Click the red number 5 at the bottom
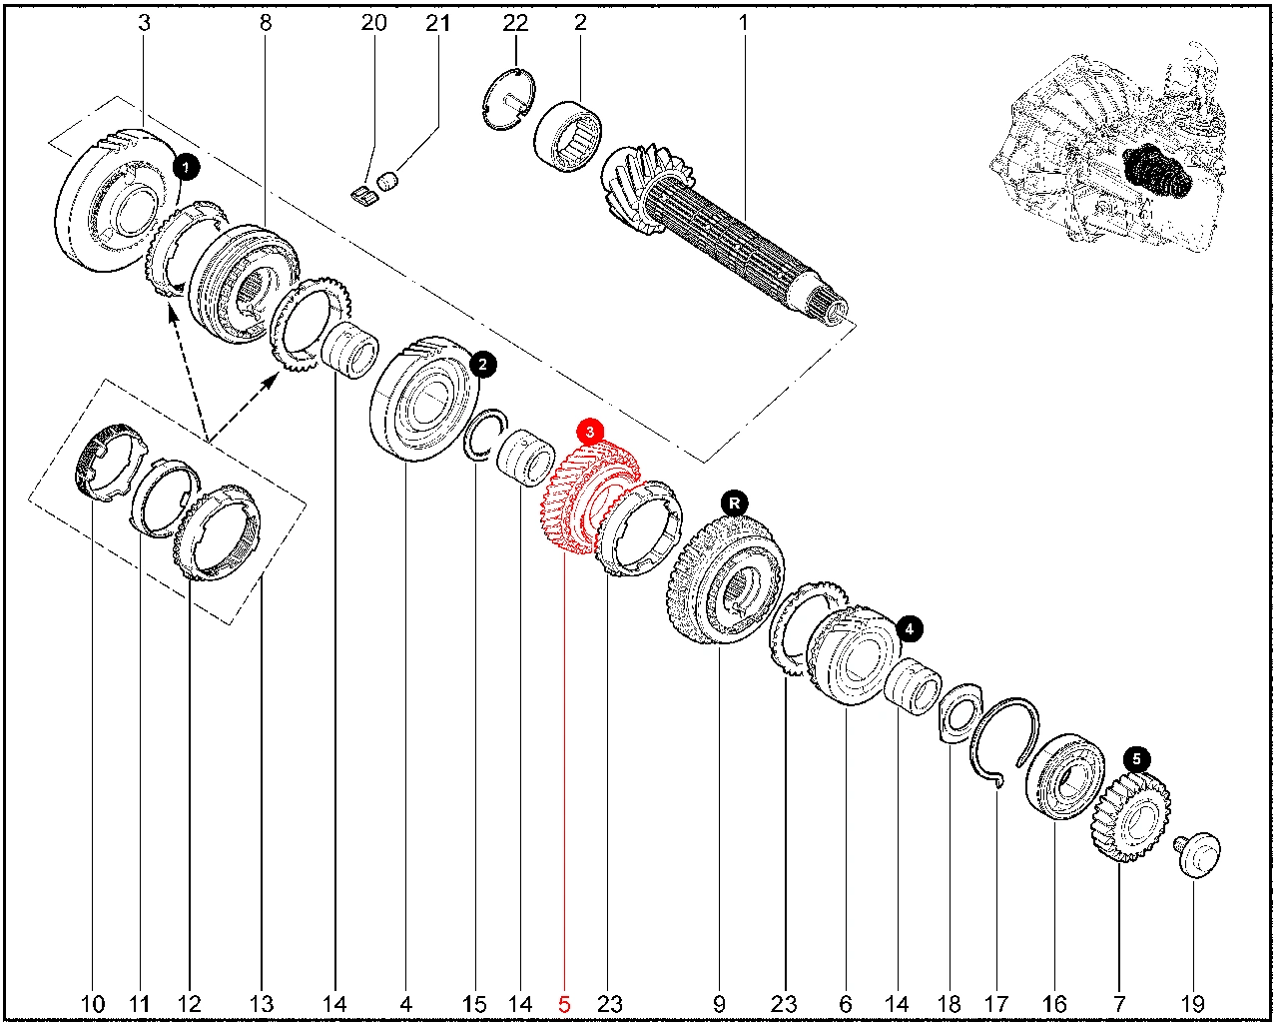pyautogui.click(x=564, y=1003)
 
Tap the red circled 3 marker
pyautogui.click(x=591, y=432)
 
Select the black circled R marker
pyautogui.click(x=735, y=503)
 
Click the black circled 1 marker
pyautogui.click(x=187, y=166)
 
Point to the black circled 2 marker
pyautogui.click(x=482, y=365)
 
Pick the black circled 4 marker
pyautogui.click(x=910, y=628)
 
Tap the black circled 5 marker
pyautogui.click(x=1136, y=760)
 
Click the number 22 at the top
pyautogui.click(x=515, y=22)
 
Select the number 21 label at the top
pyautogui.click(x=438, y=22)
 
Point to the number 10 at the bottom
pyautogui.click(x=92, y=1003)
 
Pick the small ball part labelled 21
pyautogui.click(x=390, y=179)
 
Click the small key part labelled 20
pyautogui.click(x=364, y=193)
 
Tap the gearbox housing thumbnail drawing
pyautogui.click(x=1108, y=150)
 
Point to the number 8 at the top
pyautogui.click(x=266, y=22)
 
